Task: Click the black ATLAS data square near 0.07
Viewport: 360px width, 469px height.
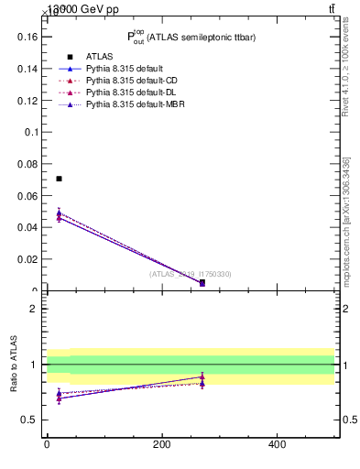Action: (59, 179)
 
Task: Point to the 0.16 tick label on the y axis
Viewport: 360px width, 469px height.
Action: (27, 38)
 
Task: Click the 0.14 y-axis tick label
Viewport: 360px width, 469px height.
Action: (27, 69)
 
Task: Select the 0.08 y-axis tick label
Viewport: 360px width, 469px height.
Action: (27, 164)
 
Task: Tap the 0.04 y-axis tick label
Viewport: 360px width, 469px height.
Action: (27, 227)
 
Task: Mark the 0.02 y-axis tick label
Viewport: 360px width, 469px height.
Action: (27, 259)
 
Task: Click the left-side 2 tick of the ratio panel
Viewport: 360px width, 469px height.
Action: (38, 309)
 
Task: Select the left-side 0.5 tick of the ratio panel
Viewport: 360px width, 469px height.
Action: (32, 420)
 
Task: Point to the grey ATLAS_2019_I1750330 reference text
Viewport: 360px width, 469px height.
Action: (191, 274)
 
